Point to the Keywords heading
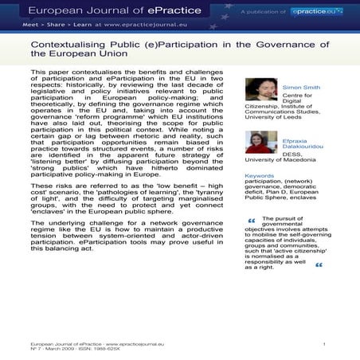(260, 175)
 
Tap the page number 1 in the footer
(324, 342)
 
